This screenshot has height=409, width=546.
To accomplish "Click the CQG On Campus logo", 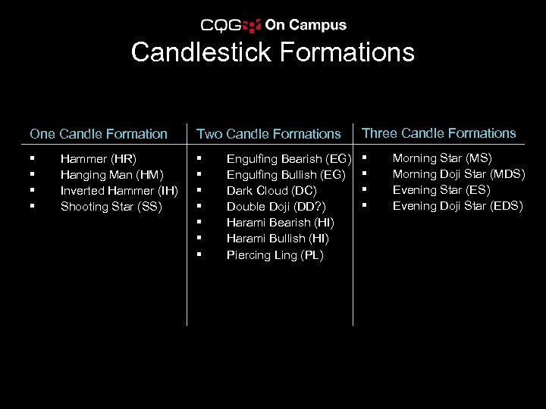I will [x=274, y=25].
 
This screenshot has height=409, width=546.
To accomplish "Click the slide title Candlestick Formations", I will [x=273, y=52].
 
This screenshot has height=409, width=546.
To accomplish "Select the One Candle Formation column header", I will [x=99, y=134].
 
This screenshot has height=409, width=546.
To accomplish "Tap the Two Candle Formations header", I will [x=268, y=134].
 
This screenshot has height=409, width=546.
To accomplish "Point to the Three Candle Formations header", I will [x=439, y=133].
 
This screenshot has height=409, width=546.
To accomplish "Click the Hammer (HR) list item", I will [x=98, y=159].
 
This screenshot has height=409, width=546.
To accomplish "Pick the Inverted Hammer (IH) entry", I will [x=119, y=190].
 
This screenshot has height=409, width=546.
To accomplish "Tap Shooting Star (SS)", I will [x=111, y=206].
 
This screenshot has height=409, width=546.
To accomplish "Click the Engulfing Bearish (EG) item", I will [x=289, y=159].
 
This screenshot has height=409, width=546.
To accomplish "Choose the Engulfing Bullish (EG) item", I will [x=287, y=175].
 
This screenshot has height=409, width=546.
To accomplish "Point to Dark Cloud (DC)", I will [x=271, y=191].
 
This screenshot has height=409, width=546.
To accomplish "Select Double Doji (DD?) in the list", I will [x=276, y=207].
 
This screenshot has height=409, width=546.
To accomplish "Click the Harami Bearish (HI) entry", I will [x=281, y=223].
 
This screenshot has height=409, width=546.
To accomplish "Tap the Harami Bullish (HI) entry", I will [x=278, y=239].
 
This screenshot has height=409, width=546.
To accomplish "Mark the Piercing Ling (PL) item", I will [x=275, y=255].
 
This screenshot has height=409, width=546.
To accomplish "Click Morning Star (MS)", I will [x=442, y=158].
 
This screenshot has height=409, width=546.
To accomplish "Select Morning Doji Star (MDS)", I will [x=458, y=174].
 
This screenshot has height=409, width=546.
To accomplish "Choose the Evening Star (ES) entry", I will [x=441, y=190].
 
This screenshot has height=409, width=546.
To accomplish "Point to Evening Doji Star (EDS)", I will [x=457, y=206].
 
